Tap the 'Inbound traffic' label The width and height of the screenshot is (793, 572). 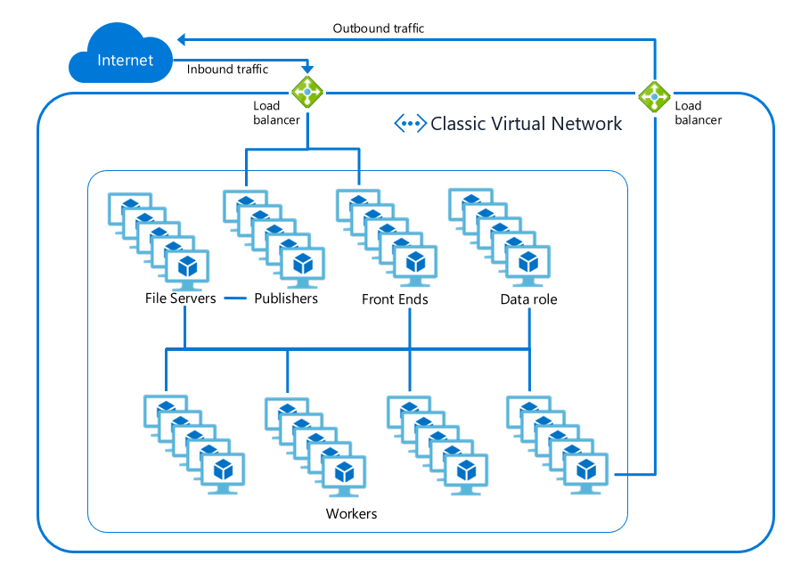(227, 69)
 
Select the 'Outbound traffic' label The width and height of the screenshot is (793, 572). (379, 29)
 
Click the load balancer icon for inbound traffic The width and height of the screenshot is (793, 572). (307, 92)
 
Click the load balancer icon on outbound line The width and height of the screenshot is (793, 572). (654, 96)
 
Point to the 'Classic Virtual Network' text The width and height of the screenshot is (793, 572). (526, 124)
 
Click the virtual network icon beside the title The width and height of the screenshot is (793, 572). (410, 124)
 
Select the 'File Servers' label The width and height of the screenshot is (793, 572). (180, 298)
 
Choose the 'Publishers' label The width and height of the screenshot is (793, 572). (286, 298)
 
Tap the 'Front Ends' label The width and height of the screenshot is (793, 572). (395, 299)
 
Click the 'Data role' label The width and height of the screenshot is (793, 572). (528, 299)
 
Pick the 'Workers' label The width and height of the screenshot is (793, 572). (351, 514)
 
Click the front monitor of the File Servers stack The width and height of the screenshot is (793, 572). (187, 266)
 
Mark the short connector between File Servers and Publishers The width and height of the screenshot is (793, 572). (234, 298)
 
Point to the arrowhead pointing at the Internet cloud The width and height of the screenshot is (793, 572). (181, 39)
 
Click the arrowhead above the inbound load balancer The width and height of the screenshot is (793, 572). (307, 71)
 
